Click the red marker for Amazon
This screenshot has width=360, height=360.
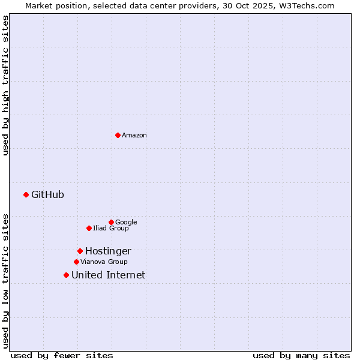118,135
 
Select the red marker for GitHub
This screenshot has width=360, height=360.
26,194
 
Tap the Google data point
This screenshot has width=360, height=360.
111,222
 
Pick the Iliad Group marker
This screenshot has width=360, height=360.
89,228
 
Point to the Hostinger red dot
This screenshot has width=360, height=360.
80,251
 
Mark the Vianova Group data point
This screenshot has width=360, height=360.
76,262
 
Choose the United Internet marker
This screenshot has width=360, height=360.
66,275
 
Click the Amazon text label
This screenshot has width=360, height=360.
134,136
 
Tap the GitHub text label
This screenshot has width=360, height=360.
47,194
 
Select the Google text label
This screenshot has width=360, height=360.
126,222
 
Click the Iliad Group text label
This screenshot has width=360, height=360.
111,228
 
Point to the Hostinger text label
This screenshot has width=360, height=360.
108,251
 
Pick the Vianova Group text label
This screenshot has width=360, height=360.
104,262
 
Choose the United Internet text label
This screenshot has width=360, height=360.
108,275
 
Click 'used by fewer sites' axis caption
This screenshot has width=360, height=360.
62,356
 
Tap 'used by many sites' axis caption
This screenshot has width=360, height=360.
301,356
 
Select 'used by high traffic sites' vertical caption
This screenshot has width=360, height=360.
5,86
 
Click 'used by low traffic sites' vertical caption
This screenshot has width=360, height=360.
5,281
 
